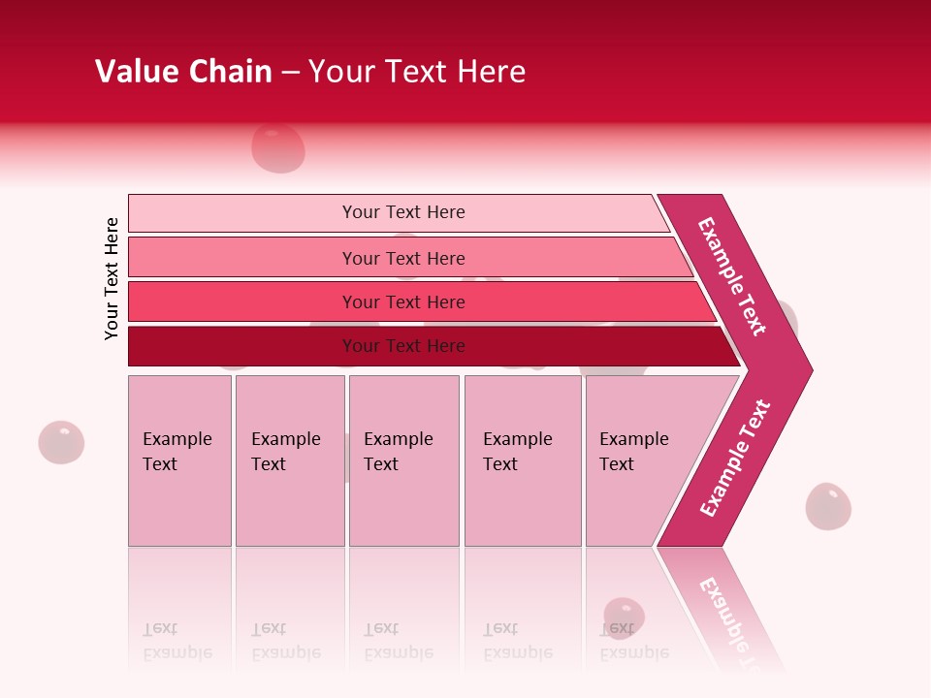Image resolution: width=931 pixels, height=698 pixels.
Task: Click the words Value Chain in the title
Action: (183, 72)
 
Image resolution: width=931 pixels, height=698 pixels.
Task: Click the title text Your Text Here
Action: (417, 72)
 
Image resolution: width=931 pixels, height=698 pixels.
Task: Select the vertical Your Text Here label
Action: (112, 278)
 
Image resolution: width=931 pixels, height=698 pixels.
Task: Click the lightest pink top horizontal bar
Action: (402, 212)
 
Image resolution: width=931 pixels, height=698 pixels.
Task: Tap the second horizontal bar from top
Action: (402, 258)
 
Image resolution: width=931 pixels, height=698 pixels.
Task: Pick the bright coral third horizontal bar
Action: (402, 301)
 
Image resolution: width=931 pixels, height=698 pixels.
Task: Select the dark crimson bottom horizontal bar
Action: (402, 346)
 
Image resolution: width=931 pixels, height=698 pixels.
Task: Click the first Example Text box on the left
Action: (179, 460)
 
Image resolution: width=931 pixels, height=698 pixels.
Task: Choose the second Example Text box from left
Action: (289, 460)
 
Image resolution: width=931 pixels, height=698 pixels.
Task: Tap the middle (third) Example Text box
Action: (403, 460)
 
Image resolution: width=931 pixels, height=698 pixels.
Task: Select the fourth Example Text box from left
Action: (522, 460)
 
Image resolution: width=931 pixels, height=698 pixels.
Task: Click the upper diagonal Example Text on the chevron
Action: (732, 276)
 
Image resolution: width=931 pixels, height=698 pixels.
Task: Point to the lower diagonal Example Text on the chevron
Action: (735, 459)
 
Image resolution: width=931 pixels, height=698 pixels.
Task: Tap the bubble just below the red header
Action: (278, 147)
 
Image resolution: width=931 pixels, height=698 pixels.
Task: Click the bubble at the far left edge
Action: (61, 442)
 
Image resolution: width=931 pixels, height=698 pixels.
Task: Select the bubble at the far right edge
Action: (828, 506)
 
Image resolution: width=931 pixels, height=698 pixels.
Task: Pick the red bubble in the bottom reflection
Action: (624, 617)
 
